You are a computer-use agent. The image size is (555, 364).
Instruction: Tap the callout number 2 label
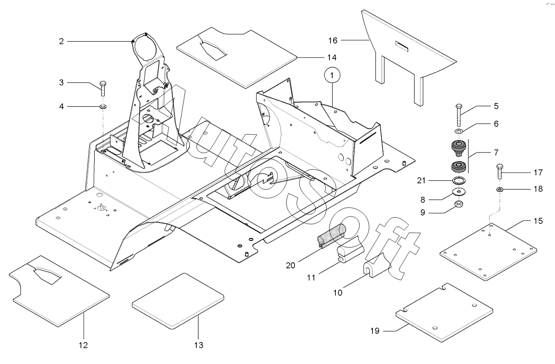point(61,41)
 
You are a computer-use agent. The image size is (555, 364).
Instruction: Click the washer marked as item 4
point(103,107)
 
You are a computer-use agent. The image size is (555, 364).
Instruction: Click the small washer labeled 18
point(500,189)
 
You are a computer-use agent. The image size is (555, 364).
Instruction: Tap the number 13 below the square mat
point(198,344)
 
